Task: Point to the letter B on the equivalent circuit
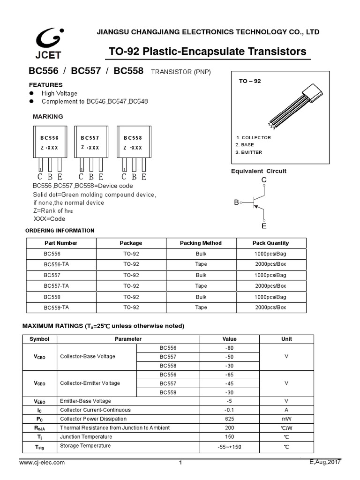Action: click(x=236, y=202)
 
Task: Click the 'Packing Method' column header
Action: click(x=201, y=243)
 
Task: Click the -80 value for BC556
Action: click(x=229, y=348)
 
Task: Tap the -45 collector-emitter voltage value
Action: click(x=229, y=383)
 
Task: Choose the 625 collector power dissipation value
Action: click(x=229, y=419)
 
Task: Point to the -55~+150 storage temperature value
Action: click(x=229, y=447)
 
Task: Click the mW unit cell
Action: click(x=286, y=419)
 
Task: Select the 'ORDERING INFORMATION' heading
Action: click(x=60, y=231)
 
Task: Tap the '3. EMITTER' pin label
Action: click(x=249, y=152)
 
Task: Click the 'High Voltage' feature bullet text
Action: click(x=60, y=93)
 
